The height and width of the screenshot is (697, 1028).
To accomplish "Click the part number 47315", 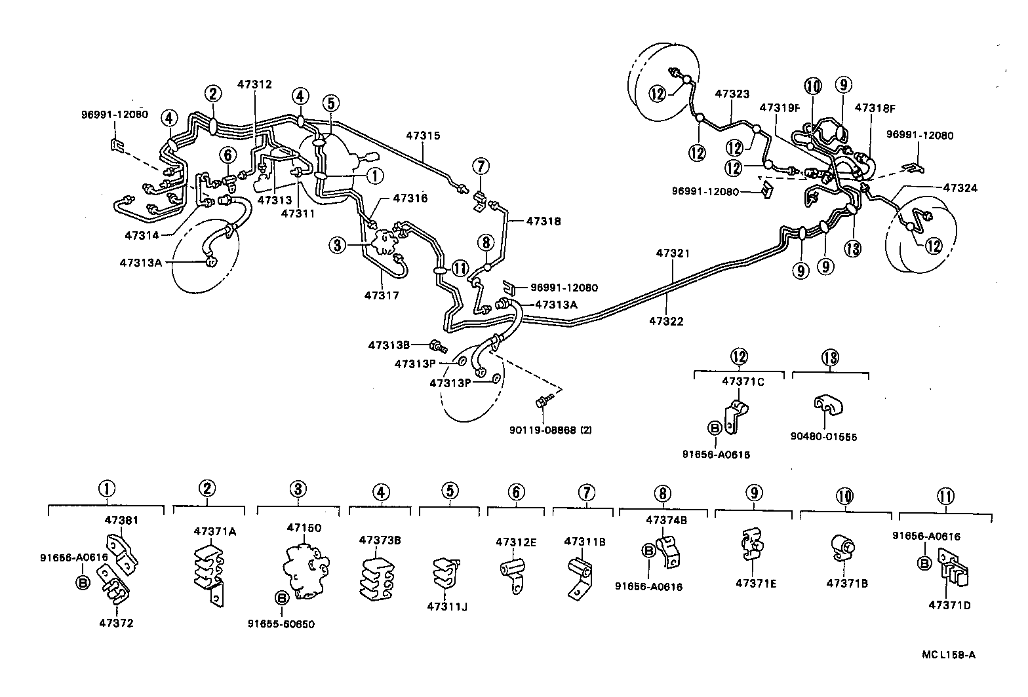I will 423,136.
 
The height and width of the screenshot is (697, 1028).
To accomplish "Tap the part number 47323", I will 732,94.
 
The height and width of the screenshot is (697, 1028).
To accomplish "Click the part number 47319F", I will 780,107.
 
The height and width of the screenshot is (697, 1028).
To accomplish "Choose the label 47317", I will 382,295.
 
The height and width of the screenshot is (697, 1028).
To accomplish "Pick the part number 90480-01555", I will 830,437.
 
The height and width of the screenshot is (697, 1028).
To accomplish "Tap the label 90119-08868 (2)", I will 551,430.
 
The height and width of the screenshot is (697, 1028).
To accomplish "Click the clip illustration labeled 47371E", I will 751,544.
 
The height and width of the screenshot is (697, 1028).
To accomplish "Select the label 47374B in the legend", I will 666,520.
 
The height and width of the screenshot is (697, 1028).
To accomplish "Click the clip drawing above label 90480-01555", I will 827,407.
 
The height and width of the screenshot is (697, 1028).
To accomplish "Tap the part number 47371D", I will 949,605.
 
